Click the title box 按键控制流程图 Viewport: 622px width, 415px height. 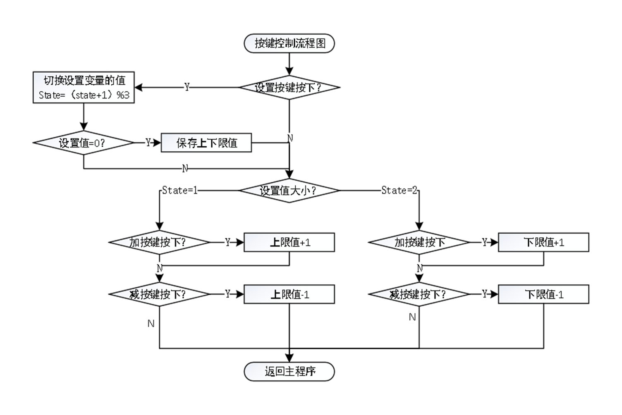pyautogui.click(x=289, y=43)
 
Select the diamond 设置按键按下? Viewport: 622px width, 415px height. pyautogui.click(x=289, y=87)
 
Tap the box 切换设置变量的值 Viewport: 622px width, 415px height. pyautogui.click(x=84, y=87)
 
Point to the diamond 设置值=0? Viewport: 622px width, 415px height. pyautogui.click(x=84, y=143)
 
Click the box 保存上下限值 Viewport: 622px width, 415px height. pyautogui.click(x=206, y=143)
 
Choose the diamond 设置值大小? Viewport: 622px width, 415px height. pyautogui.click(x=289, y=191)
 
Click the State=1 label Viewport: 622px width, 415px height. pyautogui.click(x=179, y=191)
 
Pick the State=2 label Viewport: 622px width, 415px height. pyautogui.click(x=399, y=191)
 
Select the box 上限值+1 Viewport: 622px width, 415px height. pyautogui.click(x=289, y=242)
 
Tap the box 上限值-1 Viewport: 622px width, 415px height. pyautogui.click(x=289, y=294)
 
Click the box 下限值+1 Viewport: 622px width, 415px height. pyautogui.click(x=543, y=242)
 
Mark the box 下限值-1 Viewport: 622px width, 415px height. pyautogui.click(x=543, y=294)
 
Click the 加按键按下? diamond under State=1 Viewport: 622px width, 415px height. pyautogui.click(x=159, y=242)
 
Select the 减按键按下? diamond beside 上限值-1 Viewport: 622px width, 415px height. pyautogui.click(x=159, y=294)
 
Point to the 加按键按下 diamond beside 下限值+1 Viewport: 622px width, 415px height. pyautogui.click(x=419, y=242)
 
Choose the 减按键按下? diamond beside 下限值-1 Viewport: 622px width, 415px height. pyautogui.click(x=419, y=294)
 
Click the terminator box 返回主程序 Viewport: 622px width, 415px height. pyautogui.click(x=289, y=372)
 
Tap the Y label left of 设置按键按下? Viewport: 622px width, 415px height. pyautogui.click(x=187, y=87)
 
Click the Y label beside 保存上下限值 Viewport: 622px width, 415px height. pyautogui.click(x=148, y=143)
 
